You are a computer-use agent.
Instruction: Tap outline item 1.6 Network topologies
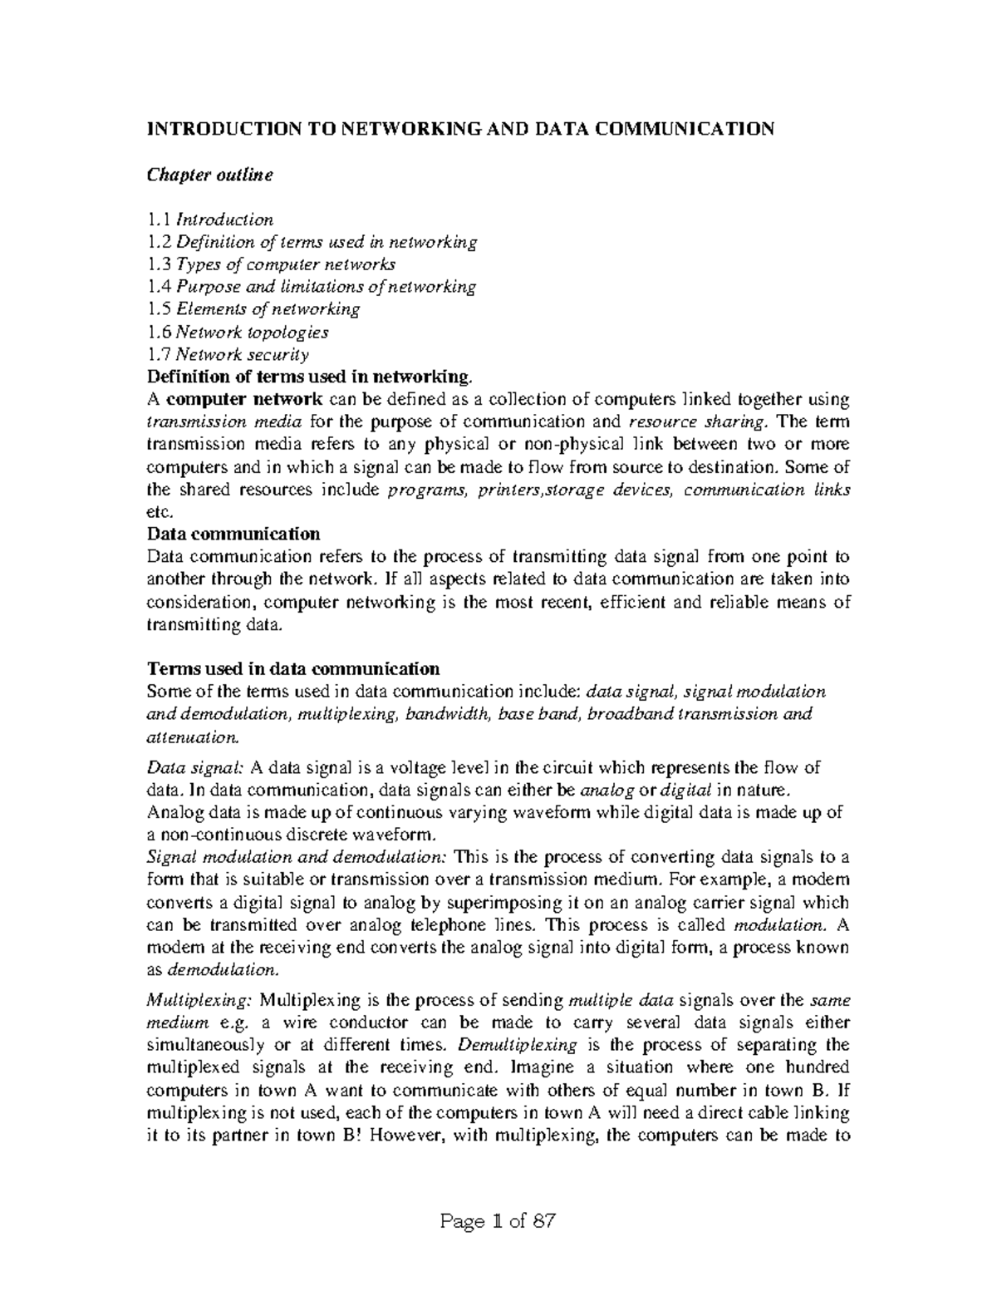click(x=238, y=333)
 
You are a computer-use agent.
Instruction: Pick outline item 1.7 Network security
click(x=228, y=355)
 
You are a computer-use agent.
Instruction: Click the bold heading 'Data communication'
click(x=233, y=534)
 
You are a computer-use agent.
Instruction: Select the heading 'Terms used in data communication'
click(x=292, y=668)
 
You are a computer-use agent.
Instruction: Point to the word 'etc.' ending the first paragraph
click(x=157, y=513)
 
